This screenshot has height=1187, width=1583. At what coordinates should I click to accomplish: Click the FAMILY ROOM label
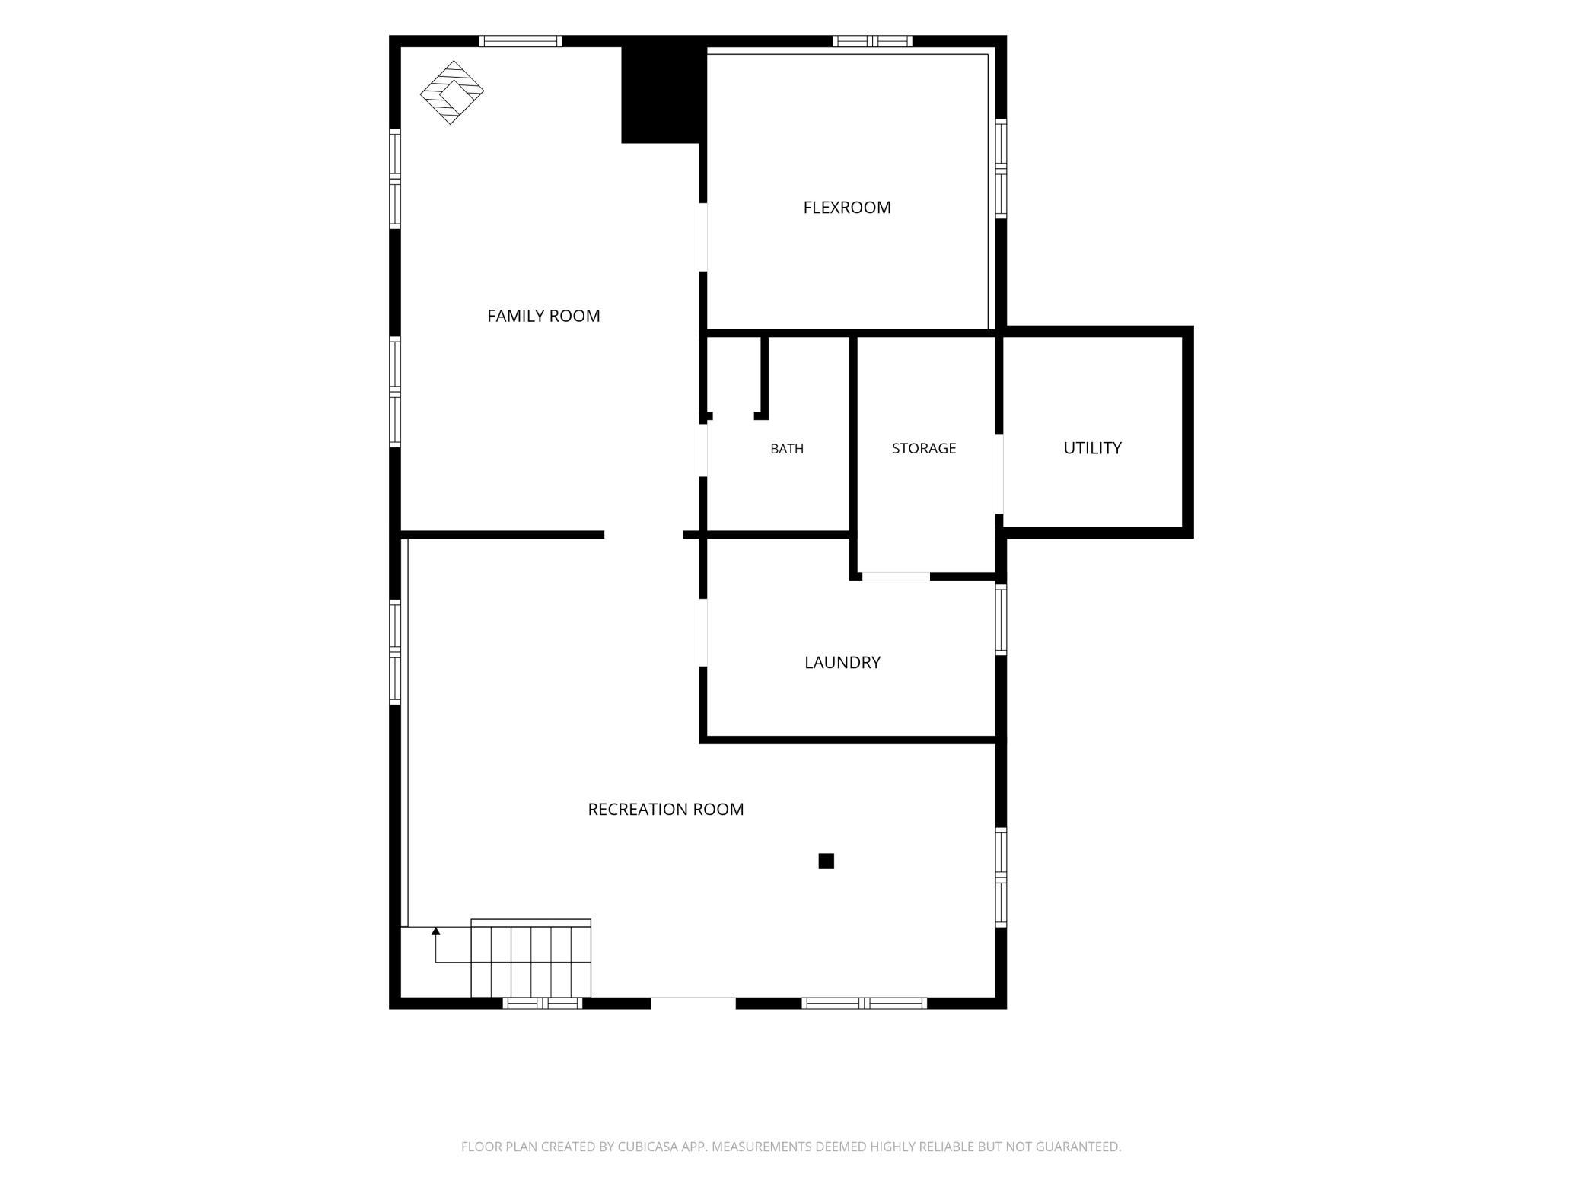tap(543, 316)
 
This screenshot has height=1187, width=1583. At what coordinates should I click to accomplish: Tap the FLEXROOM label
tap(847, 208)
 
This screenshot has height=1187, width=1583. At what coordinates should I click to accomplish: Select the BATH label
tap(787, 449)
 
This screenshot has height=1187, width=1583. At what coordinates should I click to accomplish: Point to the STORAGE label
tap(924, 448)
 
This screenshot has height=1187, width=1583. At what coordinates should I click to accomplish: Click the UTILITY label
tap(1092, 448)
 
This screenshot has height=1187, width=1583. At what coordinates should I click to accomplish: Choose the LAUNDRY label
tap(842, 663)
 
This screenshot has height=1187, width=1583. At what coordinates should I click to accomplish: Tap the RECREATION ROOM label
tap(666, 810)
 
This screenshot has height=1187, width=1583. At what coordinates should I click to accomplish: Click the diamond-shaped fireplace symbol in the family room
tap(452, 93)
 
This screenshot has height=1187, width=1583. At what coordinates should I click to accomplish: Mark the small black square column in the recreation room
tap(826, 861)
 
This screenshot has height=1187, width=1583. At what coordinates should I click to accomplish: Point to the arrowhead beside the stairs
tap(436, 931)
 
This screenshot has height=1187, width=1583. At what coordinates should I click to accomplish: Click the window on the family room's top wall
tap(521, 41)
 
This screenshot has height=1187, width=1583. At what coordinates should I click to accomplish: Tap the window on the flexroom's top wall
tap(872, 41)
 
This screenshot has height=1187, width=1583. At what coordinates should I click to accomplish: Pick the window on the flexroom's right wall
tap(1002, 168)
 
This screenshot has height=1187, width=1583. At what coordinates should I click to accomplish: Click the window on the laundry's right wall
tap(1002, 619)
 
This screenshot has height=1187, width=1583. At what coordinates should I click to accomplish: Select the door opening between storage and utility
tap(999, 474)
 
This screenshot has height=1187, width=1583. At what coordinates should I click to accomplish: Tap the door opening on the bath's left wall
tap(704, 450)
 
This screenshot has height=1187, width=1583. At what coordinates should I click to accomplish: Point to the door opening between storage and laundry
tap(896, 577)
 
